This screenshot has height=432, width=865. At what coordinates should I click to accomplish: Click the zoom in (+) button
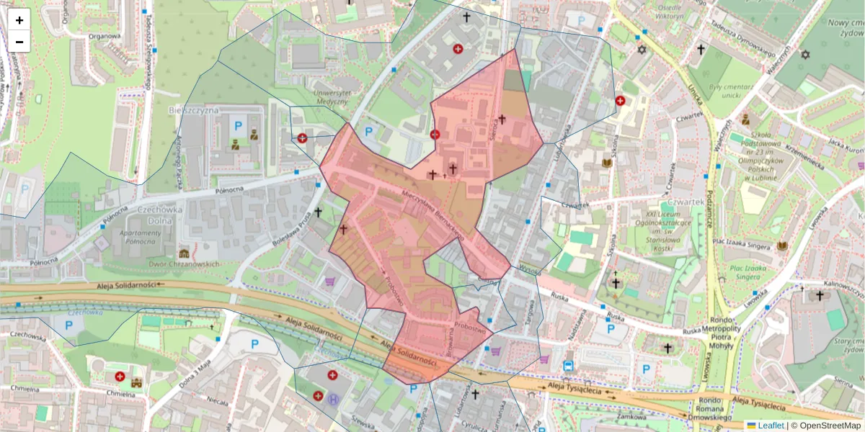(x=19, y=19)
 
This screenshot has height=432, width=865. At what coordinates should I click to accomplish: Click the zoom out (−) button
(x=19, y=42)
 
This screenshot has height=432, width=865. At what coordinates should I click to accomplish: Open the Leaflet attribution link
(x=771, y=426)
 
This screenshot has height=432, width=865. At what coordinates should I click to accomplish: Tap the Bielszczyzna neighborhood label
(x=192, y=110)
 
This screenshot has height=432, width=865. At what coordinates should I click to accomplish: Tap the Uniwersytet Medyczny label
(x=333, y=97)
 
